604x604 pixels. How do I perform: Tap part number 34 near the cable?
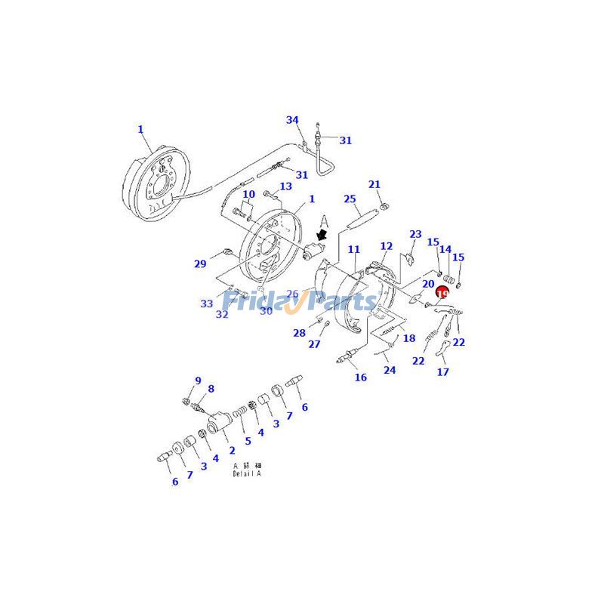[293, 120]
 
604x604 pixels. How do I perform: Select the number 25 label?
[350, 199]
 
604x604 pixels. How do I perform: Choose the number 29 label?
[200, 263]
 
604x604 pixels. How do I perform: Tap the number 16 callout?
[361, 377]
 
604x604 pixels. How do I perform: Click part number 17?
[443, 371]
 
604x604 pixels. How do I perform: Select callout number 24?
[390, 370]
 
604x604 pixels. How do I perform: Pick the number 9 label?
[198, 381]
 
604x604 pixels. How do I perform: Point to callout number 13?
[285, 186]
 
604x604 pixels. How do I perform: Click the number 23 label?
[415, 234]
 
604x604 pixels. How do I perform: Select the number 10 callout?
[248, 194]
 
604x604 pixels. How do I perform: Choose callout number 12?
[387, 246]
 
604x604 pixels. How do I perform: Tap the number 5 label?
[247, 441]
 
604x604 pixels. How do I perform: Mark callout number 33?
[206, 304]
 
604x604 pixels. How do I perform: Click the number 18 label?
[409, 338]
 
